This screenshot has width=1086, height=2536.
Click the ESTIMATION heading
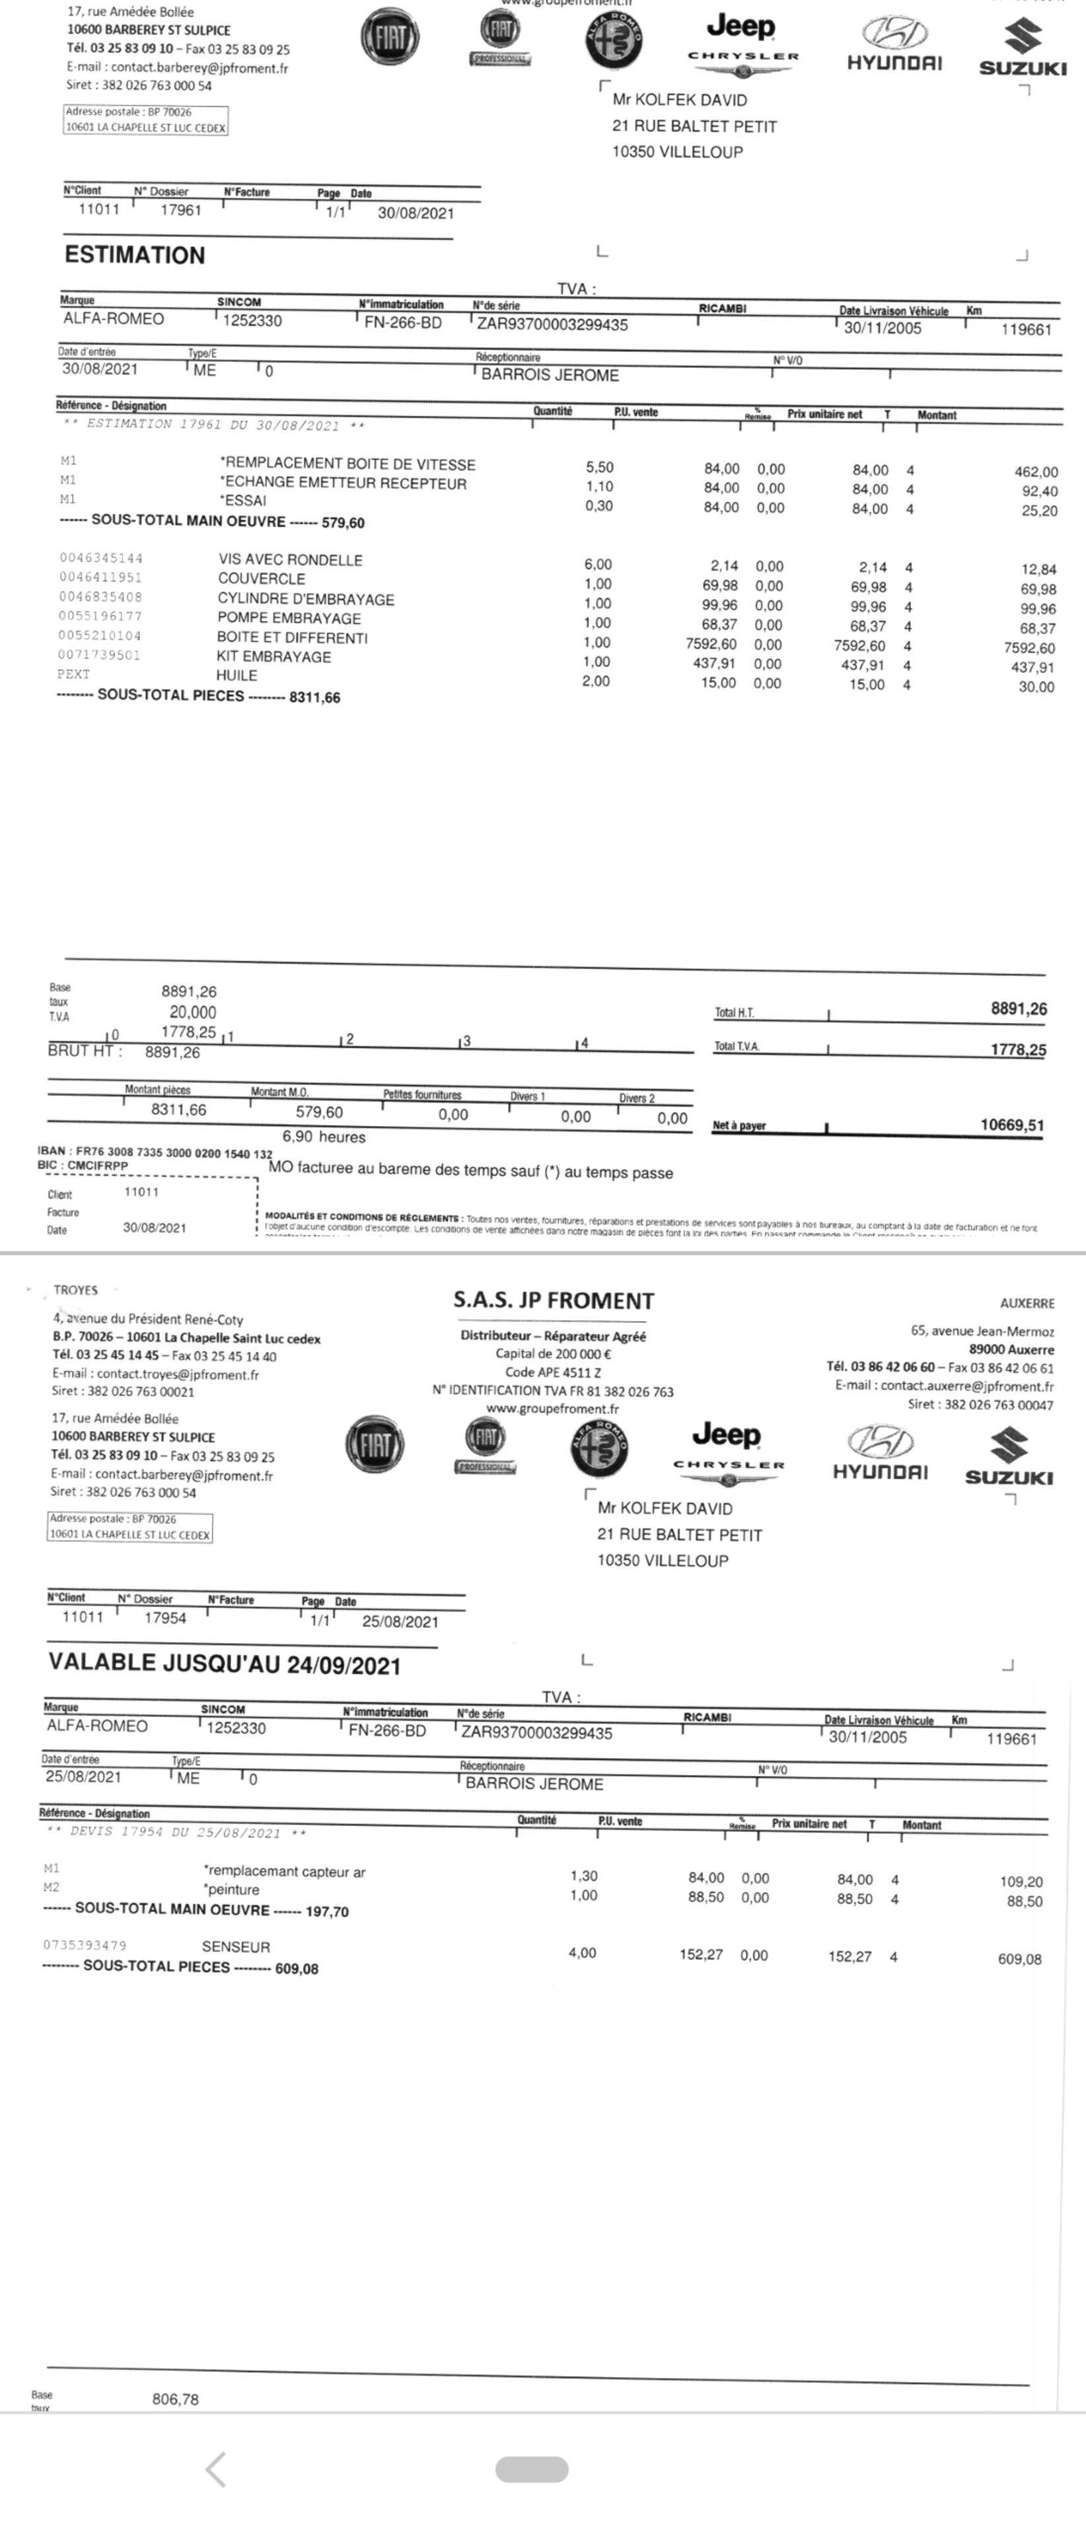coord(135,255)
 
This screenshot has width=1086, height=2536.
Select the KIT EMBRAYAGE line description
coord(273,656)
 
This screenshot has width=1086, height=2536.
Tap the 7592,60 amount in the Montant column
coord(1029,648)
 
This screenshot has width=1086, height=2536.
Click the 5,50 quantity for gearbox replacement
coord(600,468)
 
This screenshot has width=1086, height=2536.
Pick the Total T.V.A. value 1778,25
coord(1018,1049)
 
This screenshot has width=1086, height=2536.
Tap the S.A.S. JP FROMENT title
coord(554,1300)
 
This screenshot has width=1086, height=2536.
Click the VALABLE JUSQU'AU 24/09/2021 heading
coord(225,1664)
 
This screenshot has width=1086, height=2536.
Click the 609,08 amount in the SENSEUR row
coord(1019,1959)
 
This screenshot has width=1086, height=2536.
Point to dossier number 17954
coord(165,1617)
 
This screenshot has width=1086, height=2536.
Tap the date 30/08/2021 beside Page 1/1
coord(416,213)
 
